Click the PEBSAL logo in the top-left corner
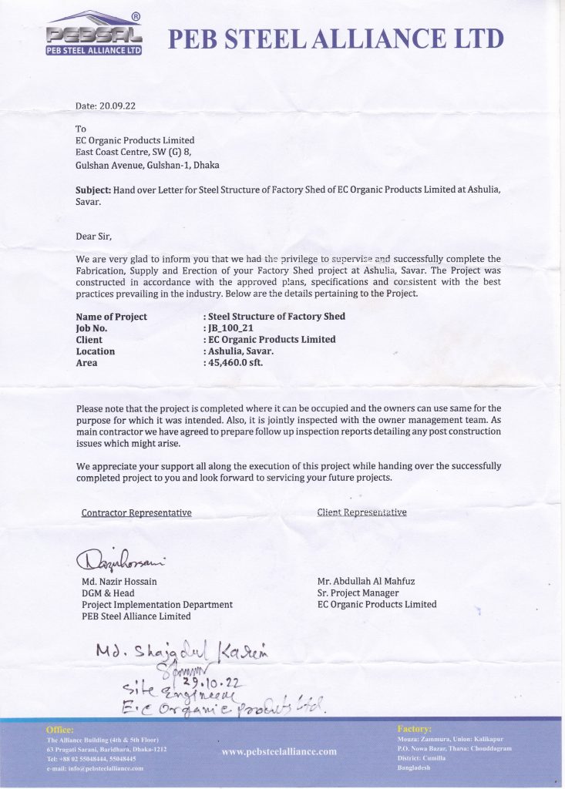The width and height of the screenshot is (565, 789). click(x=94, y=35)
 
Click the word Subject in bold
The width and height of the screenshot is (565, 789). click(x=93, y=190)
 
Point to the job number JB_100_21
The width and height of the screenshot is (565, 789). click(x=231, y=327)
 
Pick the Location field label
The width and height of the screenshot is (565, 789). click(x=96, y=351)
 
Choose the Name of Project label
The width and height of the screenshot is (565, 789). click(x=112, y=316)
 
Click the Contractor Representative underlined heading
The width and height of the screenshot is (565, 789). click(x=136, y=512)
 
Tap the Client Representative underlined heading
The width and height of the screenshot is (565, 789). click(x=362, y=512)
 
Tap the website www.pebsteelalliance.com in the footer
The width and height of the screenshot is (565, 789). click(x=279, y=751)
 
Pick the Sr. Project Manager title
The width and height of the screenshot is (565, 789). click(x=358, y=593)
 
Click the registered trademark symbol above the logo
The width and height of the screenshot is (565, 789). click(x=136, y=16)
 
